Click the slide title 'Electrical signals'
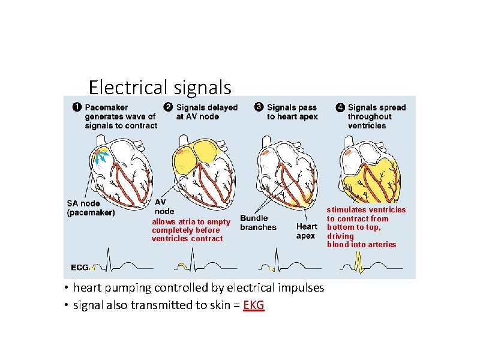click(x=160, y=88)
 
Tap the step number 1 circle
click(x=77, y=108)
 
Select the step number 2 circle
click(x=169, y=108)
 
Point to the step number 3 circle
click(x=259, y=108)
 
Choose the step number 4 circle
click(x=340, y=108)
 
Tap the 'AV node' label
click(x=164, y=207)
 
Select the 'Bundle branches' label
click(x=258, y=223)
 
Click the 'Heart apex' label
click(x=307, y=231)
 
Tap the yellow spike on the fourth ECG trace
click(x=359, y=262)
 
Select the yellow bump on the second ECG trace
click(x=183, y=266)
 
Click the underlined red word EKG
click(x=254, y=305)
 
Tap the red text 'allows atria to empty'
click(x=191, y=222)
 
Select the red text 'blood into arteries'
click(x=361, y=245)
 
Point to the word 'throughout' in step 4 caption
click(x=370, y=117)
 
